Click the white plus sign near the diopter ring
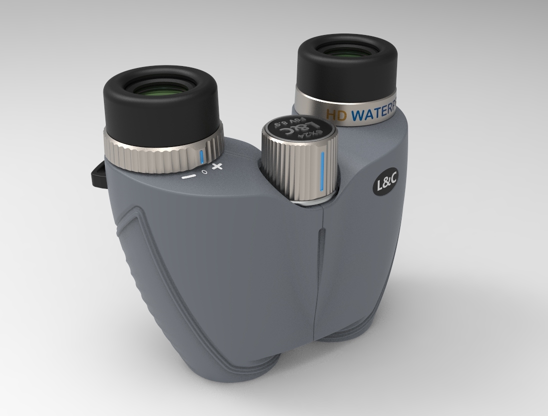[217, 166]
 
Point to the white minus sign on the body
[188, 176]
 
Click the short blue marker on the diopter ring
[201, 156]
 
